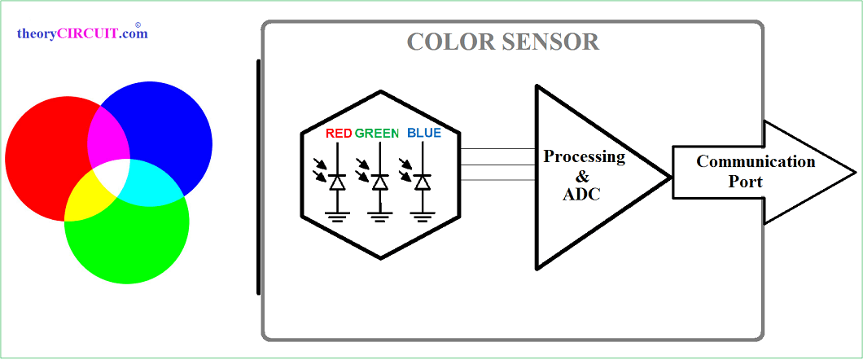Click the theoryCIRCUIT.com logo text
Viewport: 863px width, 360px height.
(82, 34)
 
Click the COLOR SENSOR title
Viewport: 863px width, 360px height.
(502, 42)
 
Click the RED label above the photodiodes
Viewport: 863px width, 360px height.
(338, 133)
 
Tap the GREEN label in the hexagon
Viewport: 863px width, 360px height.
(377, 133)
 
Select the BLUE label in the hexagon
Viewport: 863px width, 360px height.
(423, 133)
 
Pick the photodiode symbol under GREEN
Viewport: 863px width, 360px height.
(379, 182)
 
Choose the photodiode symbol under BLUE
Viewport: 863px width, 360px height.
(421, 182)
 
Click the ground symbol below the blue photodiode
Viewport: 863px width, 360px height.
(421, 216)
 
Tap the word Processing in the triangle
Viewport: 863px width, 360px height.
(584, 156)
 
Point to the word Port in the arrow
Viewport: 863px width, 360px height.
(745, 182)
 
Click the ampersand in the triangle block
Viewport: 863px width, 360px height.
(581, 175)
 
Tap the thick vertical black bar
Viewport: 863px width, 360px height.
(258, 176)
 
